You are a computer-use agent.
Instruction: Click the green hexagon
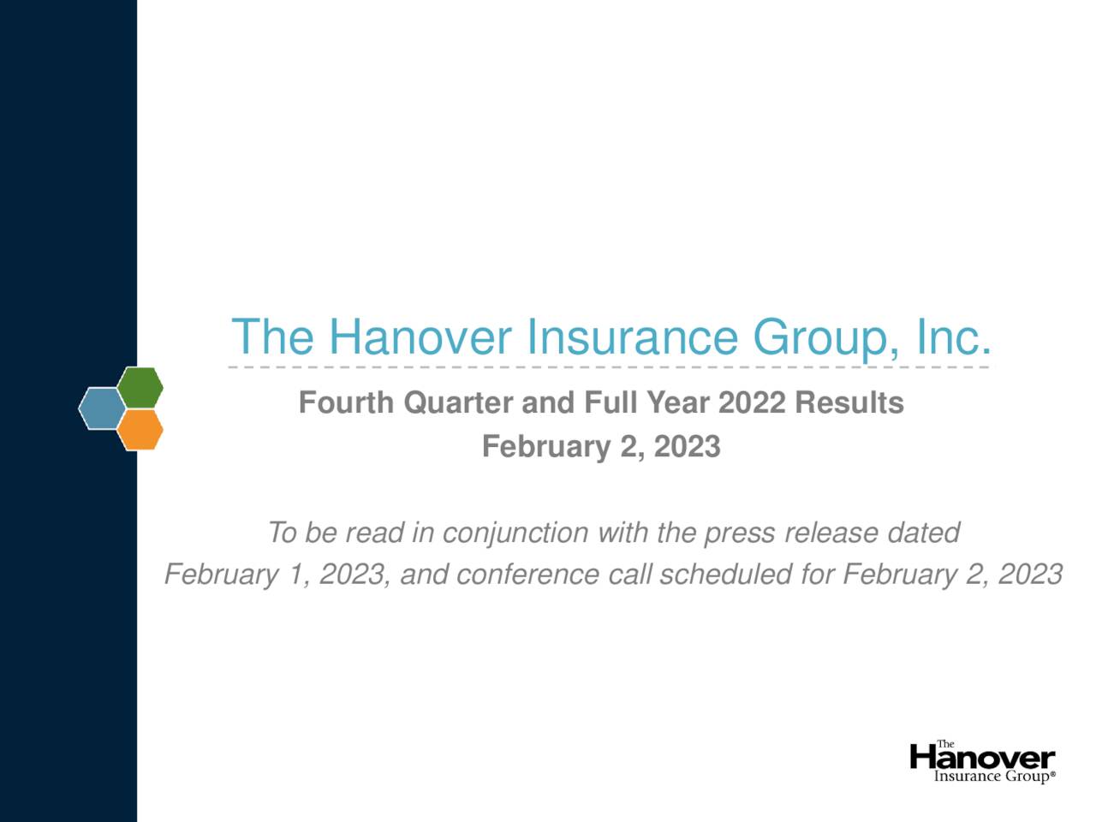tap(140, 387)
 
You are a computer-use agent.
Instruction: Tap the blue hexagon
tap(101, 408)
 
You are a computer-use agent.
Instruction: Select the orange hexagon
tap(140, 429)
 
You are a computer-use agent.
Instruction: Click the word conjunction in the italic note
tap(515, 533)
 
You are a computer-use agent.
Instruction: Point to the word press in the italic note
tap(740, 533)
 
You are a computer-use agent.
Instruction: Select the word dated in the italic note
tap(923, 533)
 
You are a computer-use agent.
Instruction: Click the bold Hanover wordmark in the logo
tap(982, 759)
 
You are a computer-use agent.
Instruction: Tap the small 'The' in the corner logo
tap(945, 744)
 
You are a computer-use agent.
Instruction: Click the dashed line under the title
tap(608, 367)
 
